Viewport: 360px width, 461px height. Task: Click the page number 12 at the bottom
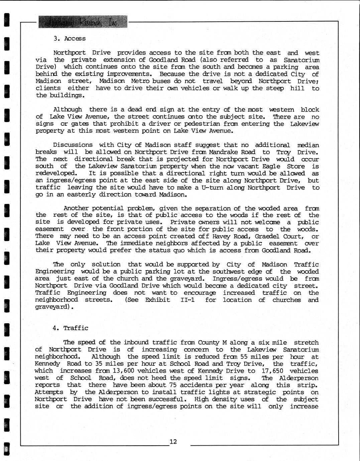pos(173,442)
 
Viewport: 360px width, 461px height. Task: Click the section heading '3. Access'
pos(70,38)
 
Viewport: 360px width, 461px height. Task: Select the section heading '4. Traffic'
pos(70,328)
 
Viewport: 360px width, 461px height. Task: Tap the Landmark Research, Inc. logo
pos(83,22)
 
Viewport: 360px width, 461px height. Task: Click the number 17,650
pos(272,371)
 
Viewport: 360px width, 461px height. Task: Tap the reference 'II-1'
pos(188,300)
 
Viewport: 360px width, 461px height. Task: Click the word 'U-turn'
pos(212,188)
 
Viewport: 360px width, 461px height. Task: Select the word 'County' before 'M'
pos(209,342)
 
